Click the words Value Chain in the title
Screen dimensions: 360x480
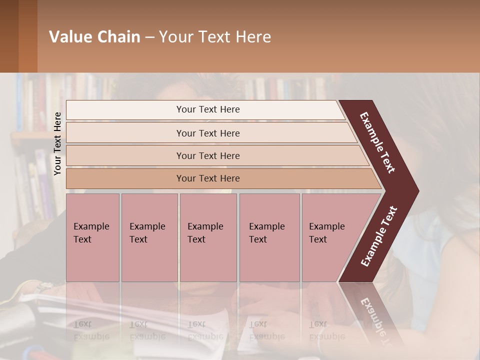[x=94, y=37]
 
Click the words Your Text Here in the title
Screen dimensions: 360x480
[x=215, y=37]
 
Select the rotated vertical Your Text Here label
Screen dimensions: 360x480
[x=57, y=143]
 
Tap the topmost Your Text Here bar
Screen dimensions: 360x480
[x=207, y=109]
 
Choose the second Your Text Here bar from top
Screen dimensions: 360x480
[x=207, y=133]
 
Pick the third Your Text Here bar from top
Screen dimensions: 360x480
[x=207, y=155]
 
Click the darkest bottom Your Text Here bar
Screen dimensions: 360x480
[x=207, y=178]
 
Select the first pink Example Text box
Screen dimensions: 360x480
[x=92, y=237]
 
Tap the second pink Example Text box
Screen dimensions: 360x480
[x=149, y=237]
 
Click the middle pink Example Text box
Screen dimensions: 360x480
[x=208, y=237]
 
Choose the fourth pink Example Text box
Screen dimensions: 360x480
[x=269, y=237]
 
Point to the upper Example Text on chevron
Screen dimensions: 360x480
[x=377, y=142]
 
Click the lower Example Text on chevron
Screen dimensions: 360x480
[x=379, y=236]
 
